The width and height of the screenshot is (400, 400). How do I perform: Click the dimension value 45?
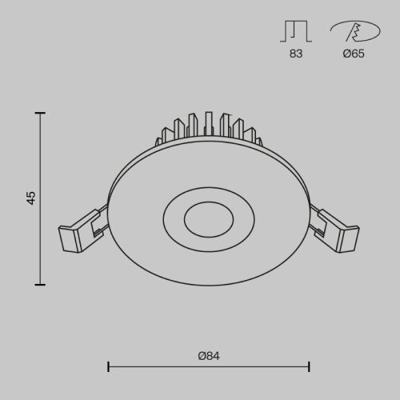pyautogui.click(x=31, y=198)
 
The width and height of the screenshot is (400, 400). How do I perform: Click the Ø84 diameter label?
pyautogui.click(x=208, y=356)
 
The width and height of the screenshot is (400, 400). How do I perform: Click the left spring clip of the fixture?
pyautogui.click(x=81, y=230)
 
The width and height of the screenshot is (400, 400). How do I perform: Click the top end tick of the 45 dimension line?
pyautogui.click(x=41, y=114)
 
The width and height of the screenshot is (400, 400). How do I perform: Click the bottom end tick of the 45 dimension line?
pyautogui.click(x=41, y=284)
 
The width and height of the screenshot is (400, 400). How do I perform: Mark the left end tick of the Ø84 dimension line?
pyautogui.click(x=108, y=367)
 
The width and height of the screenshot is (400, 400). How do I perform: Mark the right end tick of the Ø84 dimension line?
pyautogui.click(x=310, y=367)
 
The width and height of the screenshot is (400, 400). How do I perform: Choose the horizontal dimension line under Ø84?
pyautogui.click(x=208, y=367)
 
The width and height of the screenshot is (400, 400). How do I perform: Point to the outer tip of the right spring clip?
pyautogui.click(x=355, y=238)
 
